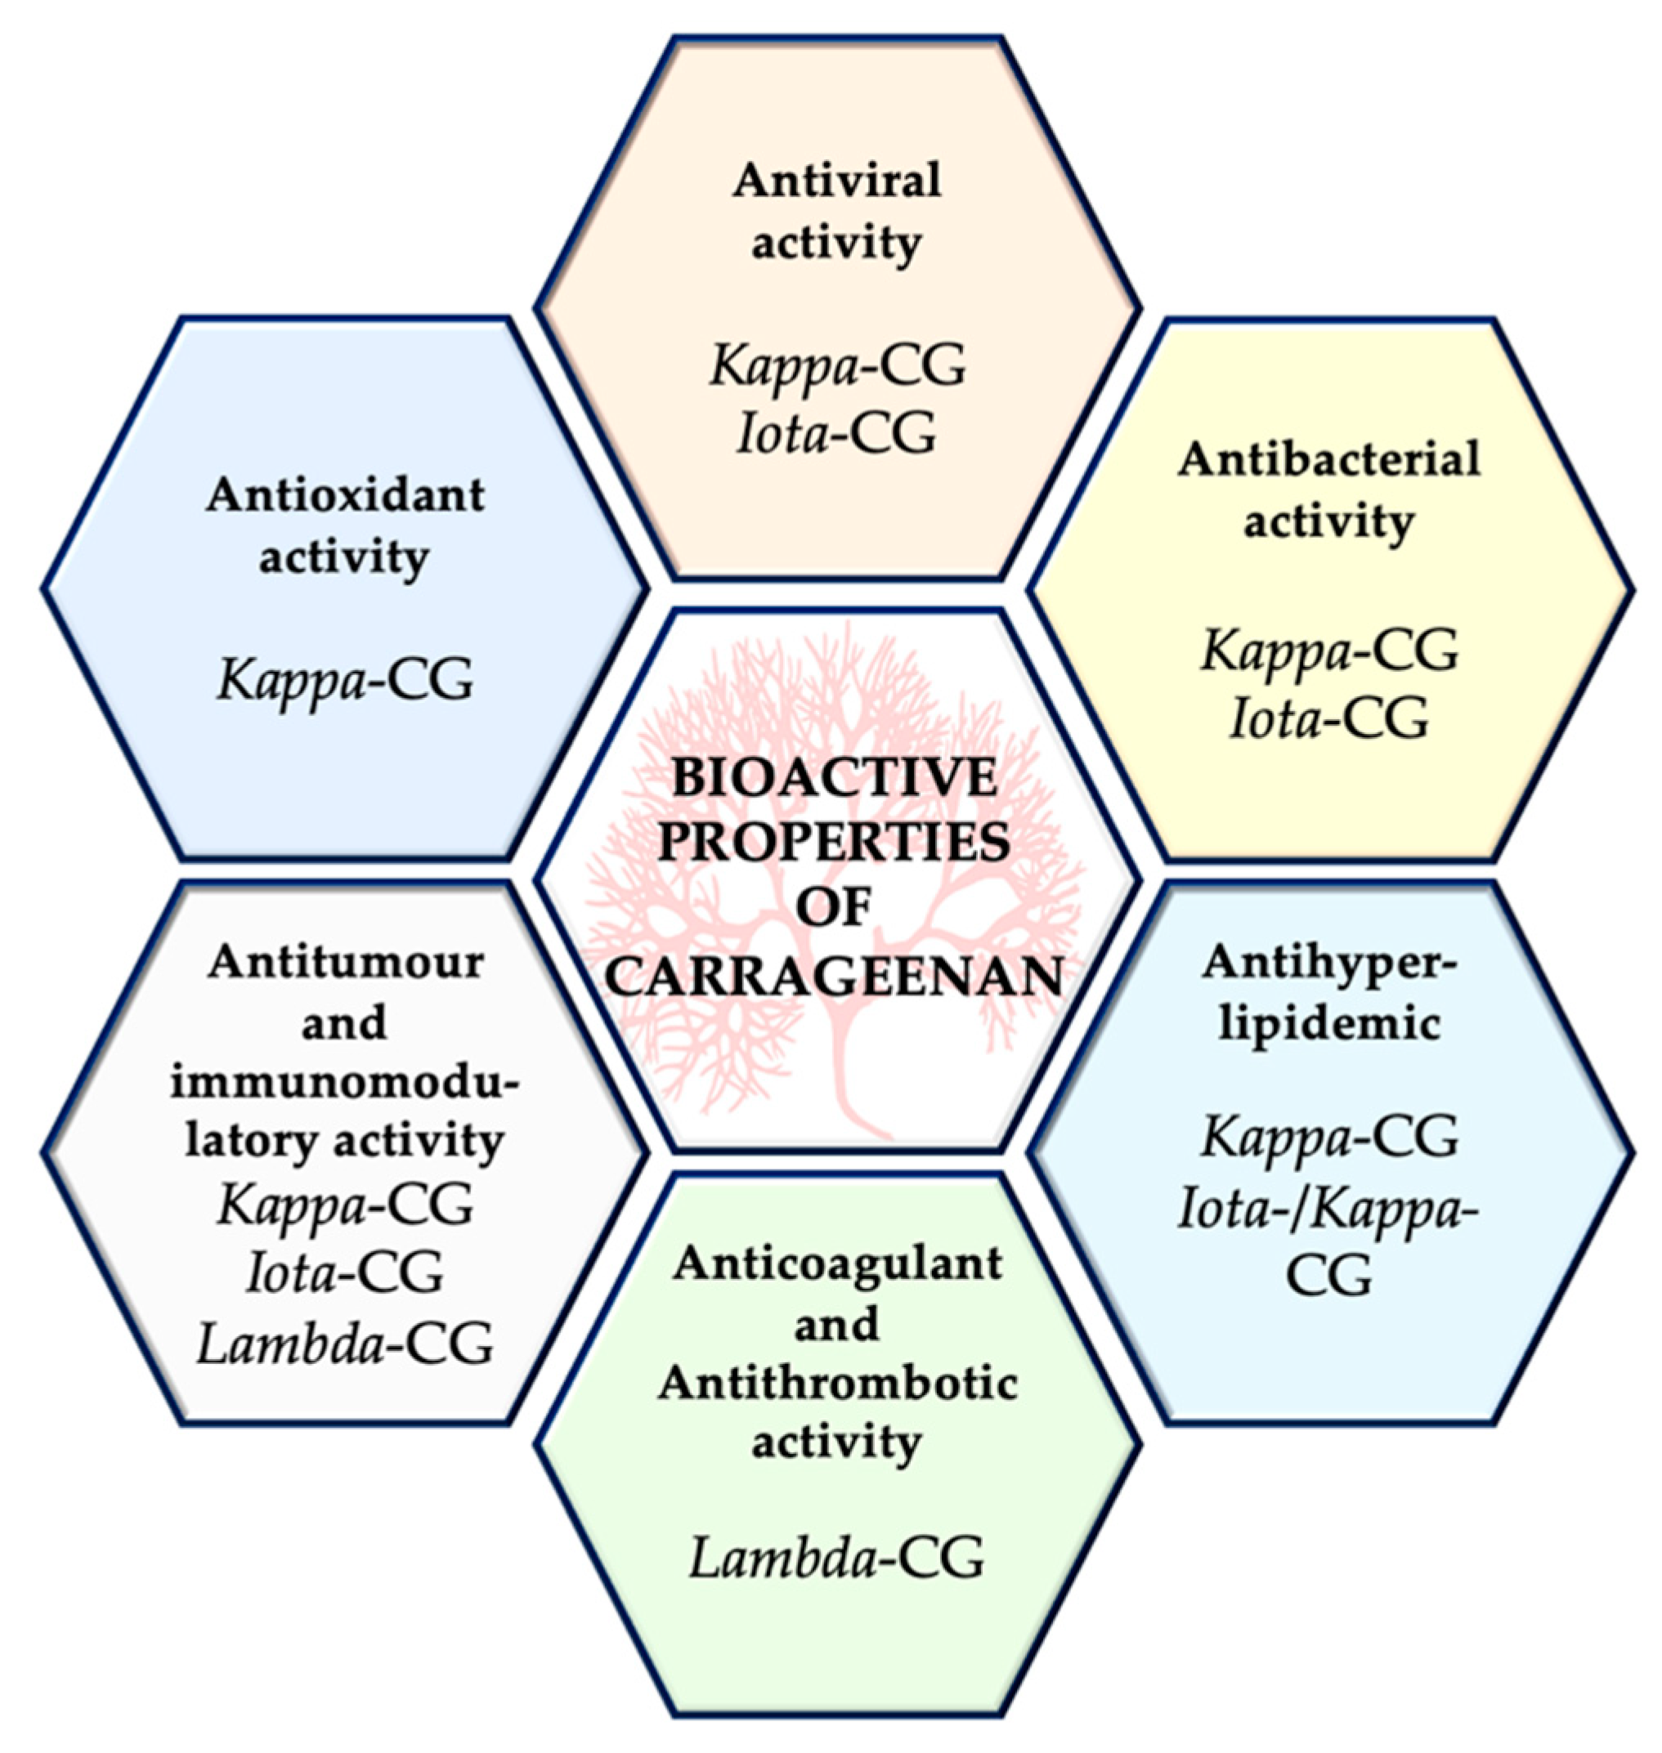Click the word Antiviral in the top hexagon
(x=836, y=181)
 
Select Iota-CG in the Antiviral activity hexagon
(x=836, y=434)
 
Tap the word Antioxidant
(x=346, y=495)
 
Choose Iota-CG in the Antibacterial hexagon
(x=1329, y=718)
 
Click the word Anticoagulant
(x=836, y=1263)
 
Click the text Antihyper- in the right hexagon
(x=1329, y=964)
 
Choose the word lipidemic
(x=1329, y=1024)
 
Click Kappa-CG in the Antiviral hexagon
(x=836, y=366)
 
